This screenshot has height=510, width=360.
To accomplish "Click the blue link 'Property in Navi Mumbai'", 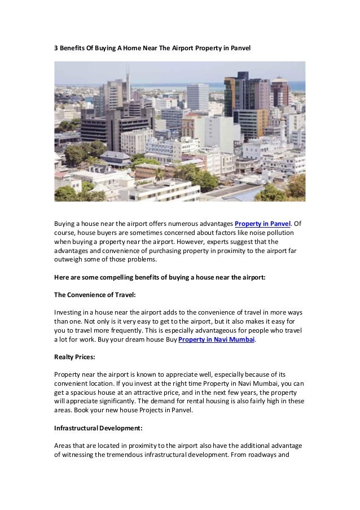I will pyautogui.click(x=217, y=339).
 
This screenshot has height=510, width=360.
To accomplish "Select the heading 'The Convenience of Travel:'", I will pyautogui.click(x=95, y=295).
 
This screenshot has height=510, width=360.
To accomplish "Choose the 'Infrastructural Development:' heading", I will pyautogui.click(x=98, y=429).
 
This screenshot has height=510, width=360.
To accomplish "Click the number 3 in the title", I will pyautogui.click(x=56, y=49).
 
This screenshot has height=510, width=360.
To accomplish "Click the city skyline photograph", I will pyautogui.click(x=179, y=131).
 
